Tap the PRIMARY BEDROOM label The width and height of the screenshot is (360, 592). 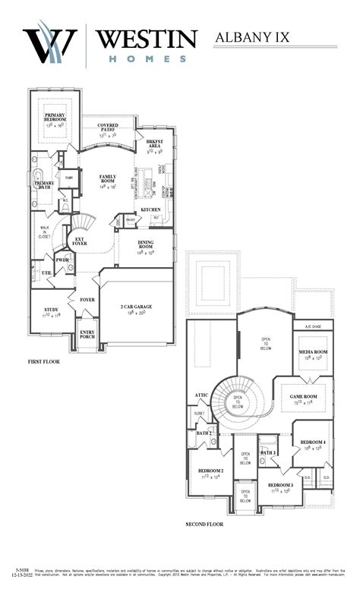click(x=56, y=118)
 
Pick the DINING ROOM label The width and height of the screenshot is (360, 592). click(x=145, y=244)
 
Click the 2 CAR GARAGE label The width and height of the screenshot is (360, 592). click(x=136, y=307)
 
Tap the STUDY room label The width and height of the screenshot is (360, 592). click(x=52, y=310)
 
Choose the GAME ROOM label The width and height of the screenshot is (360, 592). click(x=303, y=397)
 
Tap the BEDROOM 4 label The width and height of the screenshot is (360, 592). click(x=312, y=442)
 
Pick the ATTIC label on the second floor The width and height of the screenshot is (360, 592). click(x=201, y=395)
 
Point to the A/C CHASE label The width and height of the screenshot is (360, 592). click(x=314, y=326)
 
